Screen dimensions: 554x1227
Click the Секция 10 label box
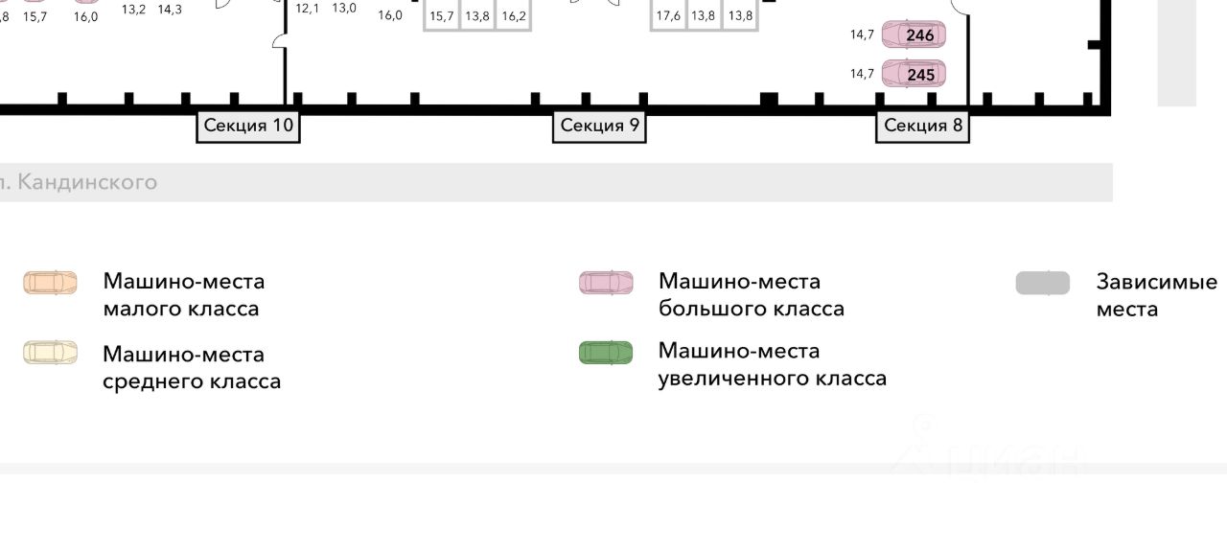pyautogui.click(x=248, y=126)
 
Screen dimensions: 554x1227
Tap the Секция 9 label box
pyautogui.click(x=599, y=126)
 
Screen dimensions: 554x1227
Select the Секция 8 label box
pyautogui.click(x=922, y=126)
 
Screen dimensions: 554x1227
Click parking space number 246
pyautogui.click(x=914, y=35)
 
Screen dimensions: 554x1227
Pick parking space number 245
pyautogui.click(x=914, y=74)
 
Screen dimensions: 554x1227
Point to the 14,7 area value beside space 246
pyautogui.click(x=862, y=35)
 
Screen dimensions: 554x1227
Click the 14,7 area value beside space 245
pyautogui.click(x=862, y=74)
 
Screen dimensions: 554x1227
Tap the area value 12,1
pyautogui.click(x=308, y=9)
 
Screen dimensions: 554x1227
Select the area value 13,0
pyautogui.click(x=344, y=9)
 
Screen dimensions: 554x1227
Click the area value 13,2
pyautogui.click(x=134, y=10)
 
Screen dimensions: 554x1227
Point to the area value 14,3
pyautogui.click(x=170, y=10)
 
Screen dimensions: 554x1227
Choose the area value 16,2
pyautogui.click(x=514, y=16)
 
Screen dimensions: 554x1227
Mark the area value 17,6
pyautogui.click(x=668, y=16)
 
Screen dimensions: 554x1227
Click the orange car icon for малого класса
pyautogui.click(x=51, y=283)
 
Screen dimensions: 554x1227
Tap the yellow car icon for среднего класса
pyautogui.click(x=51, y=353)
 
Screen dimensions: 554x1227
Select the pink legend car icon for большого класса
pyautogui.click(x=606, y=283)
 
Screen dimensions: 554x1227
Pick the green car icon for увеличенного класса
pyautogui.click(x=606, y=353)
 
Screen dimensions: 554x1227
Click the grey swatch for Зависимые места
pyautogui.click(x=1043, y=283)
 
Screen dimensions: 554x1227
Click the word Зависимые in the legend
pyautogui.click(x=1156, y=282)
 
